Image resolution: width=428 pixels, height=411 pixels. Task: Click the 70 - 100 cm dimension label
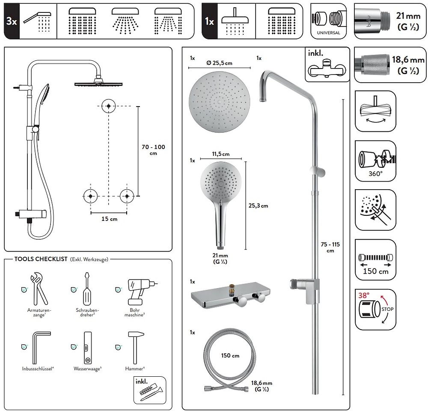[153, 150]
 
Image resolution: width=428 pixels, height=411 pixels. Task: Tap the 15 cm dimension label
[109, 219]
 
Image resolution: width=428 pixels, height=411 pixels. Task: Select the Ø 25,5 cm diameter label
[219, 63]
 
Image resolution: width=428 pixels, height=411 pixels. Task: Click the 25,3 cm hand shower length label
[258, 205]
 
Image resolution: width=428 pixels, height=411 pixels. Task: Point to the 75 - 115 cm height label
[330, 247]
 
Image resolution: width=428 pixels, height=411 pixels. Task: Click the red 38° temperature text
[364, 296]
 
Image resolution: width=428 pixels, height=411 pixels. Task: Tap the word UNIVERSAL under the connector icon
[329, 33]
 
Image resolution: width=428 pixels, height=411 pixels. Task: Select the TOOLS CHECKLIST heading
[41, 259]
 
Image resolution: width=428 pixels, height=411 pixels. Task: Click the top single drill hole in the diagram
[109, 105]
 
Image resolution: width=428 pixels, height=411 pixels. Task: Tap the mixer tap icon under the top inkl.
[327, 68]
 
